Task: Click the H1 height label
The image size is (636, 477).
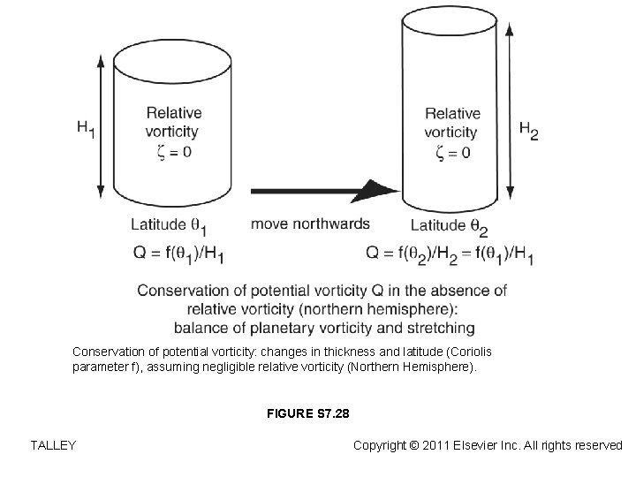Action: point(86,129)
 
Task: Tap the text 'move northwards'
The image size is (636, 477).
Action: point(310,224)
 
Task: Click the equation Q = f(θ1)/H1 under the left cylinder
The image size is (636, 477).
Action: point(178,254)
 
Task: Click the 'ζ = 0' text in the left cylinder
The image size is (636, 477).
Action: point(174,152)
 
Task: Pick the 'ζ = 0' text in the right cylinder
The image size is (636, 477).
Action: point(453,152)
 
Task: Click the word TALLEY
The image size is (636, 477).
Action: point(52,445)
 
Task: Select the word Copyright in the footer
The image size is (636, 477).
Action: point(383,445)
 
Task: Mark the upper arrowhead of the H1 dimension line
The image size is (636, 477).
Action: point(101,60)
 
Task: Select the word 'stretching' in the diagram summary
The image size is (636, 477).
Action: point(440,329)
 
